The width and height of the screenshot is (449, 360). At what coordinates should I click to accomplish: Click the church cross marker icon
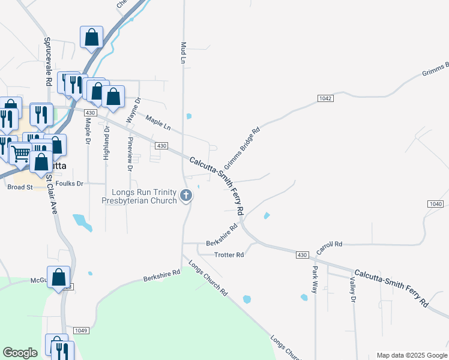pyautogui.click(x=186, y=195)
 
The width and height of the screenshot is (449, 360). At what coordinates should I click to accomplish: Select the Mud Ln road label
pyautogui.click(x=182, y=53)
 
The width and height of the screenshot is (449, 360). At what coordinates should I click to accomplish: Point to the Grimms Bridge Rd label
pyautogui.click(x=242, y=147)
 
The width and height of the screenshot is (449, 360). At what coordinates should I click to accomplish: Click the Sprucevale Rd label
pyautogui.click(x=47, y=61)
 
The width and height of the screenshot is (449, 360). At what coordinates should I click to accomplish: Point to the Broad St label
pyautogui.click(x=20, y=187)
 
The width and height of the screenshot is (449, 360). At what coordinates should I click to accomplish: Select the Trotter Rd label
pyautogui.click(x=229, y=255)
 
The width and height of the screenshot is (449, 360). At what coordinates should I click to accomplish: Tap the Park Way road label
pyautogui.click(x=315, y=275)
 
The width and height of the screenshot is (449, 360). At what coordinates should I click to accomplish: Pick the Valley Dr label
pyautogui.click(x=352, y=290)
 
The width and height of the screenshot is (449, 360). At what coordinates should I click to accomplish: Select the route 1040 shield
pyautogui.click(x=436, y=205)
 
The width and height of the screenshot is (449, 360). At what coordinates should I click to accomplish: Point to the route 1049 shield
pyautogui.click(x=82, y=331)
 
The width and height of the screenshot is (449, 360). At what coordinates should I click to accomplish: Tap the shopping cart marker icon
pyautogui.click(x=20, y=155)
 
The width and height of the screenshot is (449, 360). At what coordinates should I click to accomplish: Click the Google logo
pyautogui.click(x=20, y=353)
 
